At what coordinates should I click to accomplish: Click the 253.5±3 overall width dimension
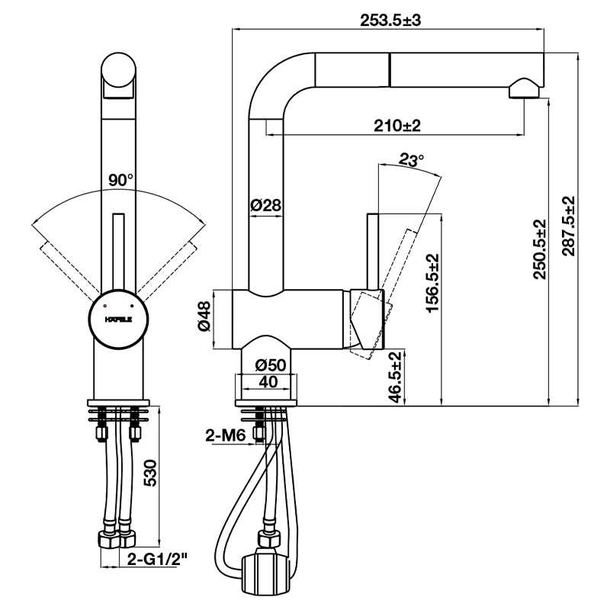tap(390, 21)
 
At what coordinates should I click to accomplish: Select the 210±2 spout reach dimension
tap(397, 125)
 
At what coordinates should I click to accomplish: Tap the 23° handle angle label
tap(411, 161)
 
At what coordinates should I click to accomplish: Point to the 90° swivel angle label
tap(120, 181)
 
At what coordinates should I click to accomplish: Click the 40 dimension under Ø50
tap(268, 381)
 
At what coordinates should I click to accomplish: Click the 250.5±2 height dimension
tap(540, 250)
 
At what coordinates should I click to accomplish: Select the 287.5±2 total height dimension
tap(570, 226)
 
